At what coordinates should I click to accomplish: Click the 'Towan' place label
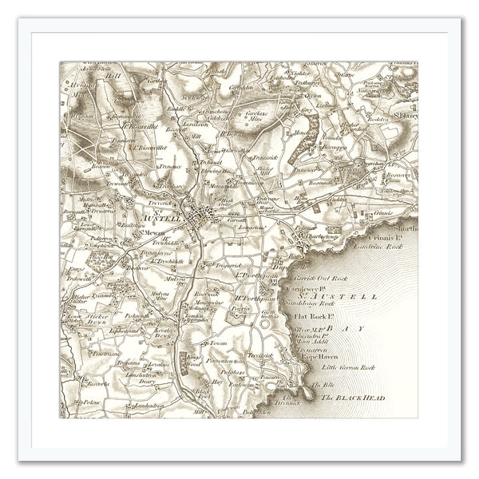click(218, 343)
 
